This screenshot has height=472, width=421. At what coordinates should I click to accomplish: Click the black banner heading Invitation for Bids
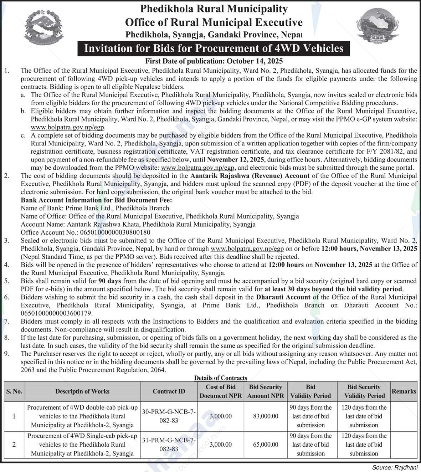214,48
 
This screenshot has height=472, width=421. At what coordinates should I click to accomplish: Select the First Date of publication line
214,61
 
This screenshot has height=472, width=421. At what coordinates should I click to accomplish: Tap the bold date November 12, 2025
236,159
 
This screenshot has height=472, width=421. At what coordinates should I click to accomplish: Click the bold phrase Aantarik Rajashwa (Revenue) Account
250,175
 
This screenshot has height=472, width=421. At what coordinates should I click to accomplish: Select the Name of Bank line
95,208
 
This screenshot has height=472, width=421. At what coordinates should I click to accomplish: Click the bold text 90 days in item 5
107,281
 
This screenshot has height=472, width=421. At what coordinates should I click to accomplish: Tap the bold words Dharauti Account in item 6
283,297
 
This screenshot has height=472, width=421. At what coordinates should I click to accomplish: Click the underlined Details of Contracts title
220,378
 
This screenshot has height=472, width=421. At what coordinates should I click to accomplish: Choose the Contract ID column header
169,391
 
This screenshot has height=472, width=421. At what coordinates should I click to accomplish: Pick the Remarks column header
404,391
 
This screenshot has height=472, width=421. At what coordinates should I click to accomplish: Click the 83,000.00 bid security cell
266,416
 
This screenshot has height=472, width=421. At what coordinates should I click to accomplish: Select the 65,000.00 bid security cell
266,445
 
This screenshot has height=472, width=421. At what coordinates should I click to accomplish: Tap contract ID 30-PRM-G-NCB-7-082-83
169,416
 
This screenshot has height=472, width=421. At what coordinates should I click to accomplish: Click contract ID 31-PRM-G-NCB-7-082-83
169,445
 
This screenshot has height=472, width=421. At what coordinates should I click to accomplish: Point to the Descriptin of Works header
82,391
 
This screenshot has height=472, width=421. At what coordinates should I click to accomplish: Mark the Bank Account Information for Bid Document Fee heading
96,200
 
